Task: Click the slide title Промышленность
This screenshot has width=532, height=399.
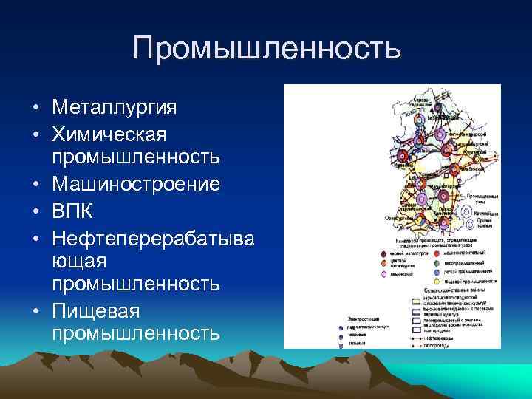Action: pyautogui.click(x=266, y=49)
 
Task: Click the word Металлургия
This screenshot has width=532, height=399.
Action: pyautogui.click(x=115, y=108)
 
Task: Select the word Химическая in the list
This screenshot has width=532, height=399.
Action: pyautogui.click(x=109, y=134)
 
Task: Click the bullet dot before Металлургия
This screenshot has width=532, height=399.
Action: pyautogui.click(x=35, y=109)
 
